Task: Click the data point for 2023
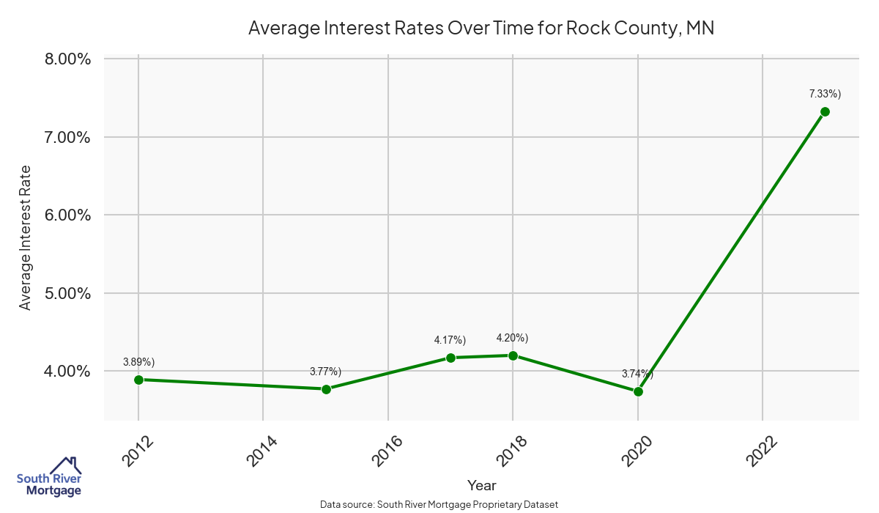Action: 825,111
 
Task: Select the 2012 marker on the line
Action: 138,380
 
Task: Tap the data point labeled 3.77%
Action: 326,389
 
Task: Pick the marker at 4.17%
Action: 450,358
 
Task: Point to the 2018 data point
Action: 513,355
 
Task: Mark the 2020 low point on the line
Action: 638,391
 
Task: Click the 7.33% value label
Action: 825,94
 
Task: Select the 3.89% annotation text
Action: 138,362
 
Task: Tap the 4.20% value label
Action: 512,338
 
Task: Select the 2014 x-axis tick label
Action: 262,451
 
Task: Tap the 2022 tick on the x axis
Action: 762,451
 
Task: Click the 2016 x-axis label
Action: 387,451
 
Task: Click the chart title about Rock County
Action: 481,28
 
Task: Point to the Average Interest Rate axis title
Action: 26,237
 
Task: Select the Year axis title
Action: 481,485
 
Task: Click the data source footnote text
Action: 439,504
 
